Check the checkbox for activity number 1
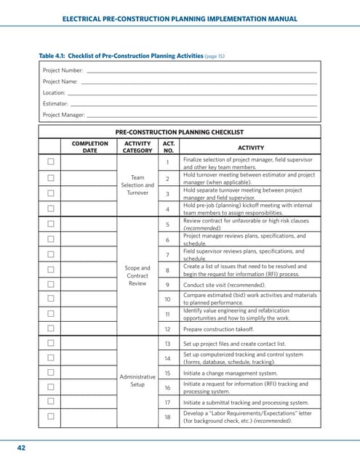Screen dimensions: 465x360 (51, 162)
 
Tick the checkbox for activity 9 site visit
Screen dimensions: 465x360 (51, 285)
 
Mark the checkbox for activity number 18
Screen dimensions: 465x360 (51, 416)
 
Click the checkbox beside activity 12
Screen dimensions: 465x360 (51, 328)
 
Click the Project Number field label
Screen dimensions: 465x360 (62, 70)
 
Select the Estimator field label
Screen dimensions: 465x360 (55, 104)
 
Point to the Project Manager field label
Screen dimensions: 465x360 (63, 115)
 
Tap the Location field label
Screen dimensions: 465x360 (54, 93)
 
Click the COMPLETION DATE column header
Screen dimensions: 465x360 (89, 147)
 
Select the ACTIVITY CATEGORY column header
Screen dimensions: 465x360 (137, 147)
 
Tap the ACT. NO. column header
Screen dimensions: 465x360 (167, 147)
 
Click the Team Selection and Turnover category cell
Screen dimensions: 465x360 (137, 185)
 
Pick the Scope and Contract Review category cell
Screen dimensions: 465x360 (137, 275)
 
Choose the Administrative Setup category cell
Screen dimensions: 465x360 (137, 380)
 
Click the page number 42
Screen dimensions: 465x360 (21, 448)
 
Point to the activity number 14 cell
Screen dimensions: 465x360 (167, 358)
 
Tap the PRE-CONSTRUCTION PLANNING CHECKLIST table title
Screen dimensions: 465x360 (179, 132)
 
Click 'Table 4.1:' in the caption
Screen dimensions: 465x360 (55, 55)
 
